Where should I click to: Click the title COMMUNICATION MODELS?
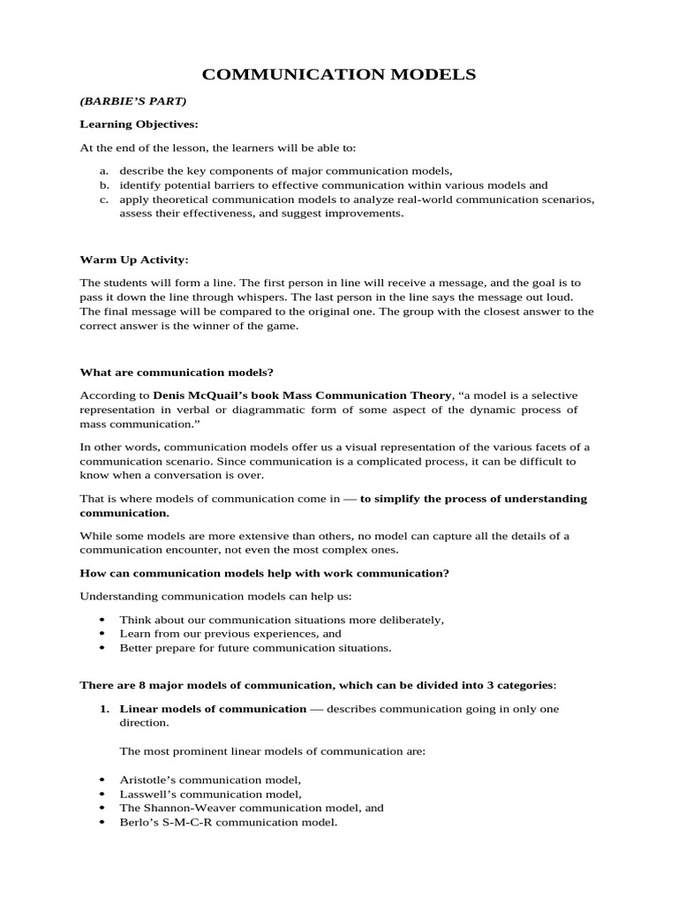[339, 75]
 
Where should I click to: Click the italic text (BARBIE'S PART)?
[133, 101]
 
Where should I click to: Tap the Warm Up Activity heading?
[134, 260]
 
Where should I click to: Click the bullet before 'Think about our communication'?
[104, 620]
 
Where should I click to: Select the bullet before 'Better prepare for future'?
[104, 647]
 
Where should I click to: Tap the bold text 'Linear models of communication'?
[213, 708]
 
